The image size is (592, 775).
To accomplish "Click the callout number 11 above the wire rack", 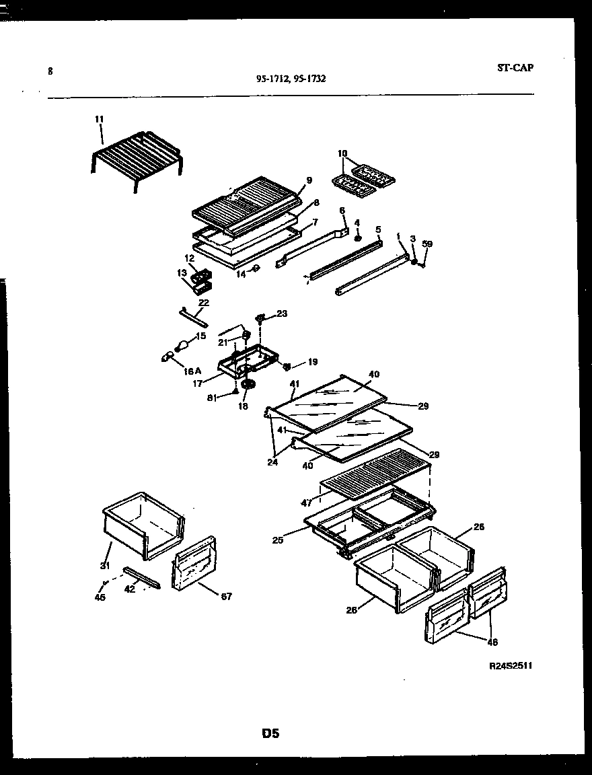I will point(100,119).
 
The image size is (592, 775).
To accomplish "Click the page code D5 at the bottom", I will point(270,733).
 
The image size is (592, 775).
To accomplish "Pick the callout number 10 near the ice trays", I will point(342,153).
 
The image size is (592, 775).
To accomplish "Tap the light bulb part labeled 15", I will point(180,346).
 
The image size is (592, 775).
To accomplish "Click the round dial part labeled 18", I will point(250,385).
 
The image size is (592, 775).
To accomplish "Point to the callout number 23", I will point(281,313).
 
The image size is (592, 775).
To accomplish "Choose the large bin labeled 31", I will point(143,525).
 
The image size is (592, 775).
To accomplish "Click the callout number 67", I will point(226,596).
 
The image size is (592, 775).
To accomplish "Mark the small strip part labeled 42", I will point(142,577).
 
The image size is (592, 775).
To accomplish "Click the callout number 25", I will point(278,540).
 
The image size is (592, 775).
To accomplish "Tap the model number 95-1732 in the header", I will point(310,79).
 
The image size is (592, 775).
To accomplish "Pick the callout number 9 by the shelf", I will point(309,180).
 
